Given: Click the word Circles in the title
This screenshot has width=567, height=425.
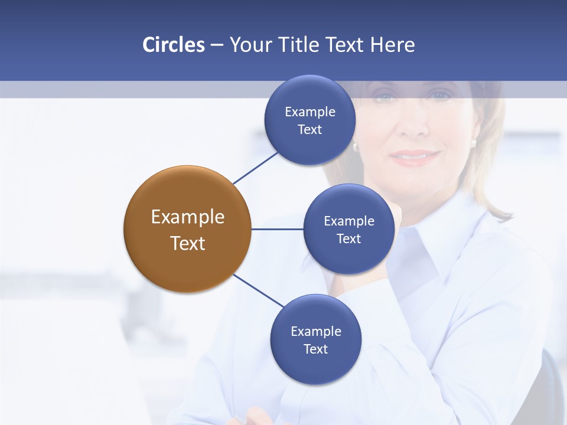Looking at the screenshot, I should (x=173, y=45).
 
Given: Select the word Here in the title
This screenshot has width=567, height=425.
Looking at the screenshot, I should (x=393, y=45).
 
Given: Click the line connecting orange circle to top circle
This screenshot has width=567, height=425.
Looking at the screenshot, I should (x=255, y=168).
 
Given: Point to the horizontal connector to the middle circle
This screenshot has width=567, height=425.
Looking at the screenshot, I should (x=277, y=229).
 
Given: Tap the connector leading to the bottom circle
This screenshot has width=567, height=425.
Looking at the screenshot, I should (x=259, y=291).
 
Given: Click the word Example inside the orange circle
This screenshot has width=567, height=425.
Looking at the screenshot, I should (x=187, y=217).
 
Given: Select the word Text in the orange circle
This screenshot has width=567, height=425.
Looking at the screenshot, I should (x=187, y=243).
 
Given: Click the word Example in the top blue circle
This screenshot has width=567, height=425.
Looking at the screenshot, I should (x=309, y=112).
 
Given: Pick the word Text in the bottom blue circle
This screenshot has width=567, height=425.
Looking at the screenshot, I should (x=315, y=349).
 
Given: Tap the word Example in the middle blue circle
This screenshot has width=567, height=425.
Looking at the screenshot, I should (x=348, y=221).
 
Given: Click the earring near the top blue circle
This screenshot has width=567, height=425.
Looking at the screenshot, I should (x=356, y=146).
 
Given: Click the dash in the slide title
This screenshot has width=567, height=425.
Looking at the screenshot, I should (x=216, y=45).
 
